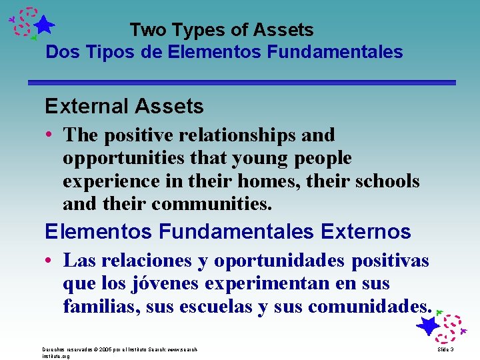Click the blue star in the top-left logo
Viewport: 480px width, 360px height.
(x=43, y=25)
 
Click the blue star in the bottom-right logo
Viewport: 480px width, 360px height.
(x=427, y=326)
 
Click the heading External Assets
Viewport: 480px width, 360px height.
(x=124, y=106)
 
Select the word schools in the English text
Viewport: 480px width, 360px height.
(x=386, y=181)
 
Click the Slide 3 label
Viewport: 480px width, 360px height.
(x=445, y=349)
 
